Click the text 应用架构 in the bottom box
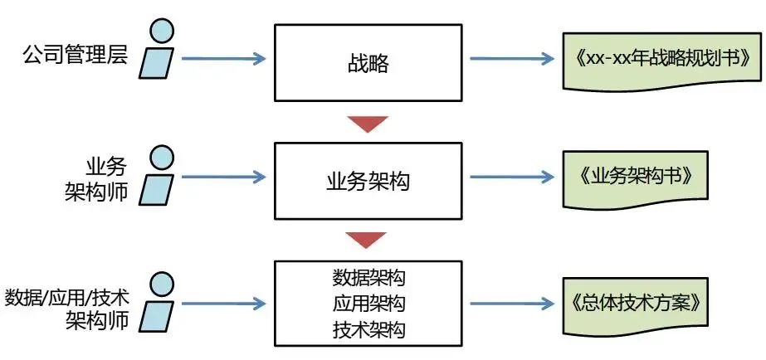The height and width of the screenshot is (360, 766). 368,304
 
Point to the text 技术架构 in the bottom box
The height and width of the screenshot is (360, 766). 368,330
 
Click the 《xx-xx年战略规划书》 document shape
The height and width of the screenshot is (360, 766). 662,61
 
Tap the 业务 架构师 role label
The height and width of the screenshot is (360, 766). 96,176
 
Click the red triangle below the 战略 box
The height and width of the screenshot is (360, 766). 368,122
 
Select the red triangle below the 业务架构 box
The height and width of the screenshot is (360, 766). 368,241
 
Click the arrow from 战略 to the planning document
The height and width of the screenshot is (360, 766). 511,59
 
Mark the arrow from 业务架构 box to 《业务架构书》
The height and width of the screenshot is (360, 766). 511,178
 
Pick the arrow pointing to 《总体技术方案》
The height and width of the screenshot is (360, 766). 511,304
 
